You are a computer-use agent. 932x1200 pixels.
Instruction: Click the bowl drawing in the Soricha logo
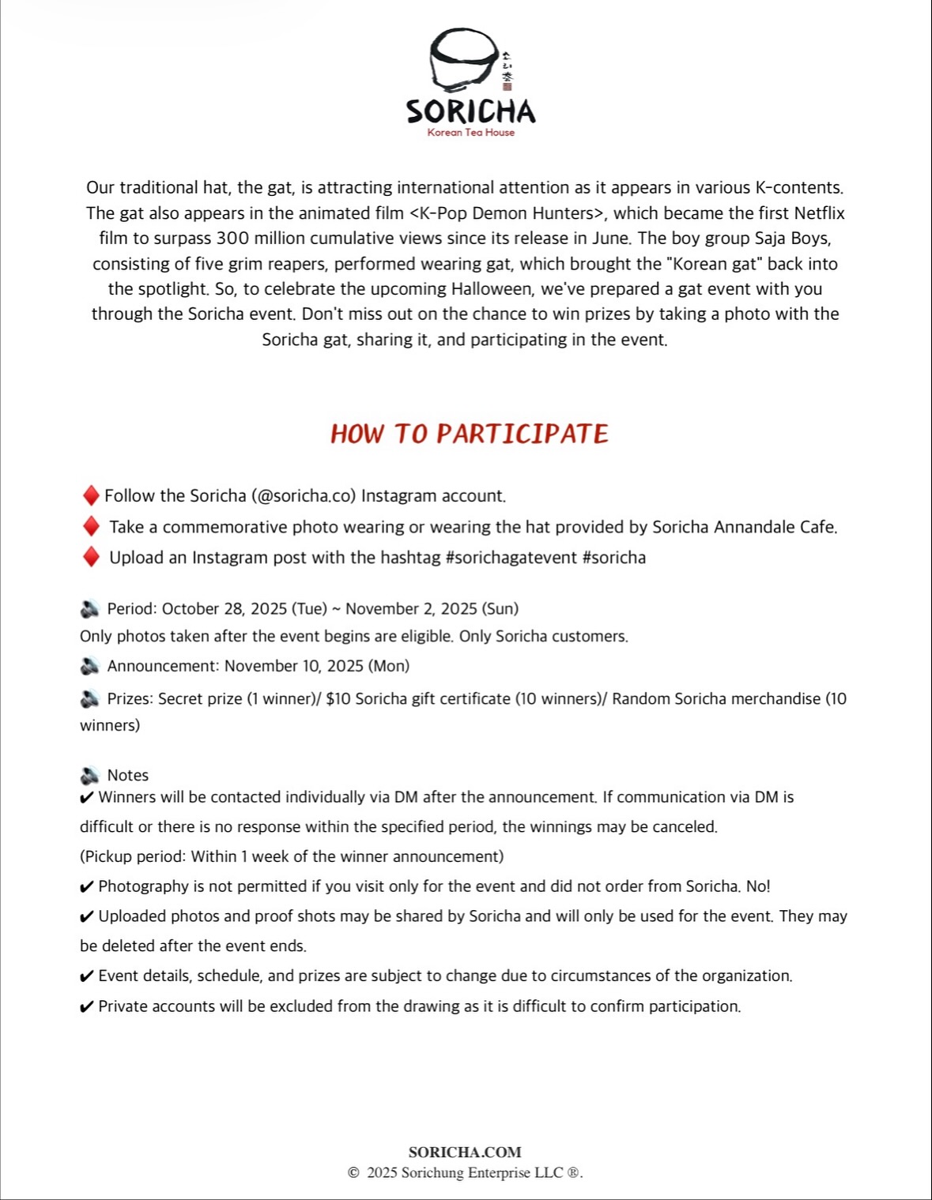[463, 60]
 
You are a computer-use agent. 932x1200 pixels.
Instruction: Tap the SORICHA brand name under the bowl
[470, 111]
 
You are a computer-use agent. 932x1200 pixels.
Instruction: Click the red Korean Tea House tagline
[470, 133]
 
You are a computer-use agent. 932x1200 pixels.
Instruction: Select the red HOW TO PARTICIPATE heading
[470, 434]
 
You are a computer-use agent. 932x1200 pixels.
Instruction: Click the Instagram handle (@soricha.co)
[304, 496]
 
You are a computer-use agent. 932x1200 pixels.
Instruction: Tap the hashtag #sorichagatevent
[511, 558]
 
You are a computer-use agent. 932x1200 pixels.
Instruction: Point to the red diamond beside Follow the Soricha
[91, 495]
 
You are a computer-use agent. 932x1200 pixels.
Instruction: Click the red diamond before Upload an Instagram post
[91, 557]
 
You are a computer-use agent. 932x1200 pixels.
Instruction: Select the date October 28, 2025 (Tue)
[244, 609]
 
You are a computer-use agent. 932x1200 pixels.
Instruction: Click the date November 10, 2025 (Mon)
[316, 666]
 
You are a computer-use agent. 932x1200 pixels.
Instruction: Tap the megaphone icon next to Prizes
[89, 699]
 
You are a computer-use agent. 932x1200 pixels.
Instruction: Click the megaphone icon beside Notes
[89, 776]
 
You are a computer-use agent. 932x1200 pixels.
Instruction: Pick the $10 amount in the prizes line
[338, 699]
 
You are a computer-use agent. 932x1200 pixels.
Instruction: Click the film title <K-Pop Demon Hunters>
[508, 213]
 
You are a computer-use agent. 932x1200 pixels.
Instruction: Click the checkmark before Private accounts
[87, 1007]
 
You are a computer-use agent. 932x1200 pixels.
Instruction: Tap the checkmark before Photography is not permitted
[87, 887]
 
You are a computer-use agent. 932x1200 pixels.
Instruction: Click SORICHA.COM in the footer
[465, 1153]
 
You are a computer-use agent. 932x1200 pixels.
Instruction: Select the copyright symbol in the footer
[353, 1173]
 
